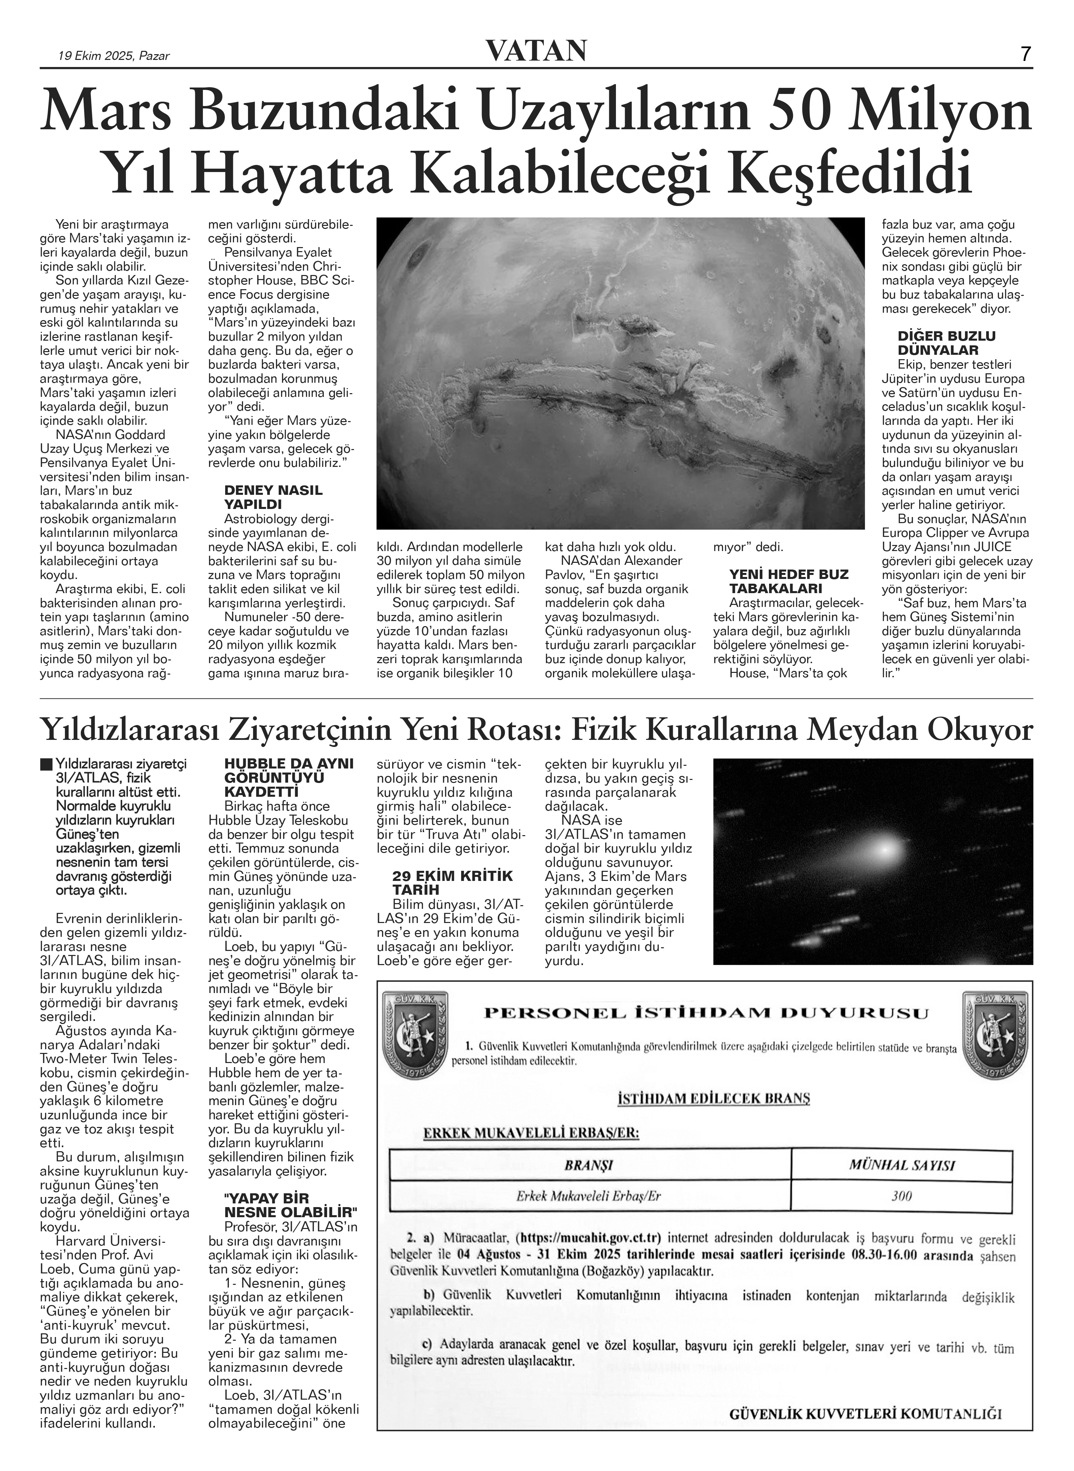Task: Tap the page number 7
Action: (x=1025, y=53)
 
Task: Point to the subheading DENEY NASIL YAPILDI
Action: (x=273, y=497)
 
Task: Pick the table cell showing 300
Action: (x=902, y=1195)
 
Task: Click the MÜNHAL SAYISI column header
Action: (x=902, y=1165)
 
